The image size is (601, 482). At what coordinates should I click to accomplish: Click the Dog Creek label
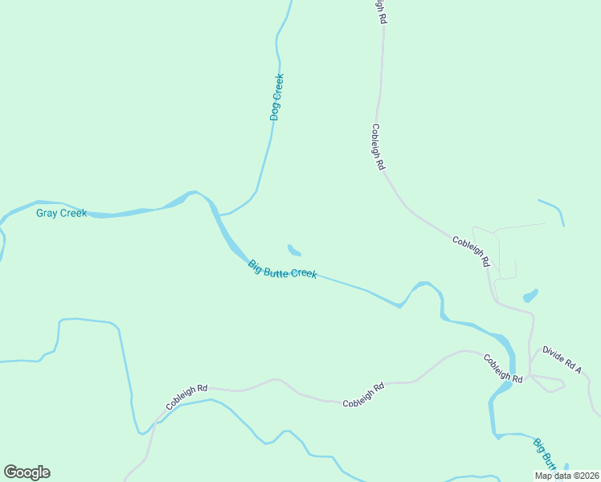[x=276, y=97]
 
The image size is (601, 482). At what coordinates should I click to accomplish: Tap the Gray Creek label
[x=61, y=213]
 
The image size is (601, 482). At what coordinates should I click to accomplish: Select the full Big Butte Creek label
[x=282, y=269]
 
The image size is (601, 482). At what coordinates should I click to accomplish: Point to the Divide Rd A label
[x=561, y=357]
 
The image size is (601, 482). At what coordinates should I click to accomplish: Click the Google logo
[x=27, y=472]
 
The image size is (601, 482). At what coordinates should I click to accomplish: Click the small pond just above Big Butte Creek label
[x=294, y=250]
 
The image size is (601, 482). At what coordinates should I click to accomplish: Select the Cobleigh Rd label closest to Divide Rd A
[x=504, y=367]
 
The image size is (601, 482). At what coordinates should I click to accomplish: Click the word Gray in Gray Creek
[x=47, y=213]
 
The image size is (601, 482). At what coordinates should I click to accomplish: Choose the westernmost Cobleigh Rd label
[x=186, y=397]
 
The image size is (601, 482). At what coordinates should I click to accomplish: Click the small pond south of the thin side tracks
[x=529, y=296]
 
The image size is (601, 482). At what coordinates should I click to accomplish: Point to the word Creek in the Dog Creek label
[x=278, y=87]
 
